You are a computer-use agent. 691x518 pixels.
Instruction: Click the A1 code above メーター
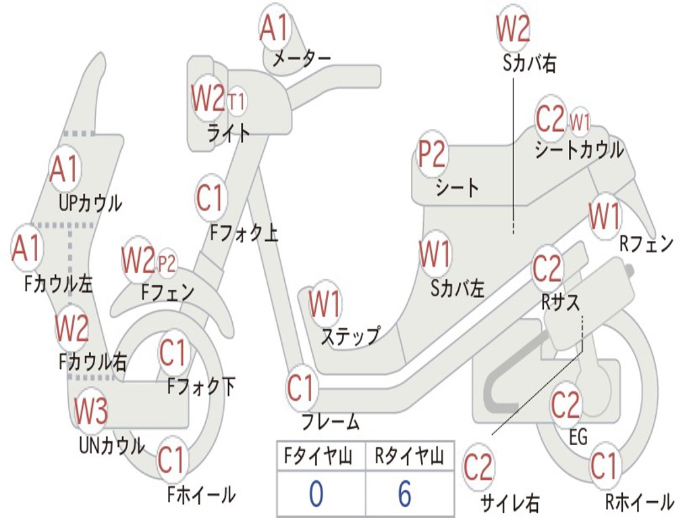click(274, 28)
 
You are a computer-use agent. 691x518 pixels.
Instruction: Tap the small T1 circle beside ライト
click(237, 103)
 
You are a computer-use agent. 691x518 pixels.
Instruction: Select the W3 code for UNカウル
click(91, 411)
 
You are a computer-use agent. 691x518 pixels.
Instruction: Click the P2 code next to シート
click(432, 155)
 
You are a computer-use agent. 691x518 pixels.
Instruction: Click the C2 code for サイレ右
click(478, 467)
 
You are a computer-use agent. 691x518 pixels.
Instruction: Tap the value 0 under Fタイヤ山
click(316, 494)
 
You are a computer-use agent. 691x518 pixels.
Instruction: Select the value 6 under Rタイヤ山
click(404, 494)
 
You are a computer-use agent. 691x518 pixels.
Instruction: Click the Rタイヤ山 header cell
click(409, 457)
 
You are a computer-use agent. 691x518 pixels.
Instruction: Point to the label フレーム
click(331, 423)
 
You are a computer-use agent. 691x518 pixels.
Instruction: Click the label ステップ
click(350, 336)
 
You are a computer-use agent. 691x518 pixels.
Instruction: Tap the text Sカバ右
click(530, 63)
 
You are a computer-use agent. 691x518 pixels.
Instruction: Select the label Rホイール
click(639, 502)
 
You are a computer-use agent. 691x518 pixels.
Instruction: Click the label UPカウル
click(90, 202)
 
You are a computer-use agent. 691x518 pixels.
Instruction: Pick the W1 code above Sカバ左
click(435, 255)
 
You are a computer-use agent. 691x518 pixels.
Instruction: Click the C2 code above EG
click(565, 405)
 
